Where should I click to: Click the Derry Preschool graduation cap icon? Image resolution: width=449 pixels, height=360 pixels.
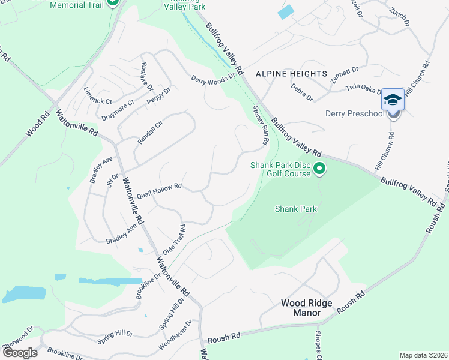pos(393,99)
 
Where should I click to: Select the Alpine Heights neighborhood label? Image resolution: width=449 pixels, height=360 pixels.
pos(291,74)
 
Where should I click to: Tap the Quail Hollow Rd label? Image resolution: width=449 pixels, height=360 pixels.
pos(159,191)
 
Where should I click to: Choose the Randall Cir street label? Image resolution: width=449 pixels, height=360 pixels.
pos(150,131)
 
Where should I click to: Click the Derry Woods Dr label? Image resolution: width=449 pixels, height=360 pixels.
pos(212,79)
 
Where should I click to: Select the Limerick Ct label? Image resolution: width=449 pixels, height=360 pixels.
pos(98,97)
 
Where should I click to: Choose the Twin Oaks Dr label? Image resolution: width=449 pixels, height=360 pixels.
pos(364,89)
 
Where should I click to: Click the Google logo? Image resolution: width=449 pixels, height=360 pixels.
pos(19,352)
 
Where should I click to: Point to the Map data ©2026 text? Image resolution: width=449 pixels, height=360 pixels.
pos(423,355)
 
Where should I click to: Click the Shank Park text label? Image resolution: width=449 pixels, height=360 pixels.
pos(295,209)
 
